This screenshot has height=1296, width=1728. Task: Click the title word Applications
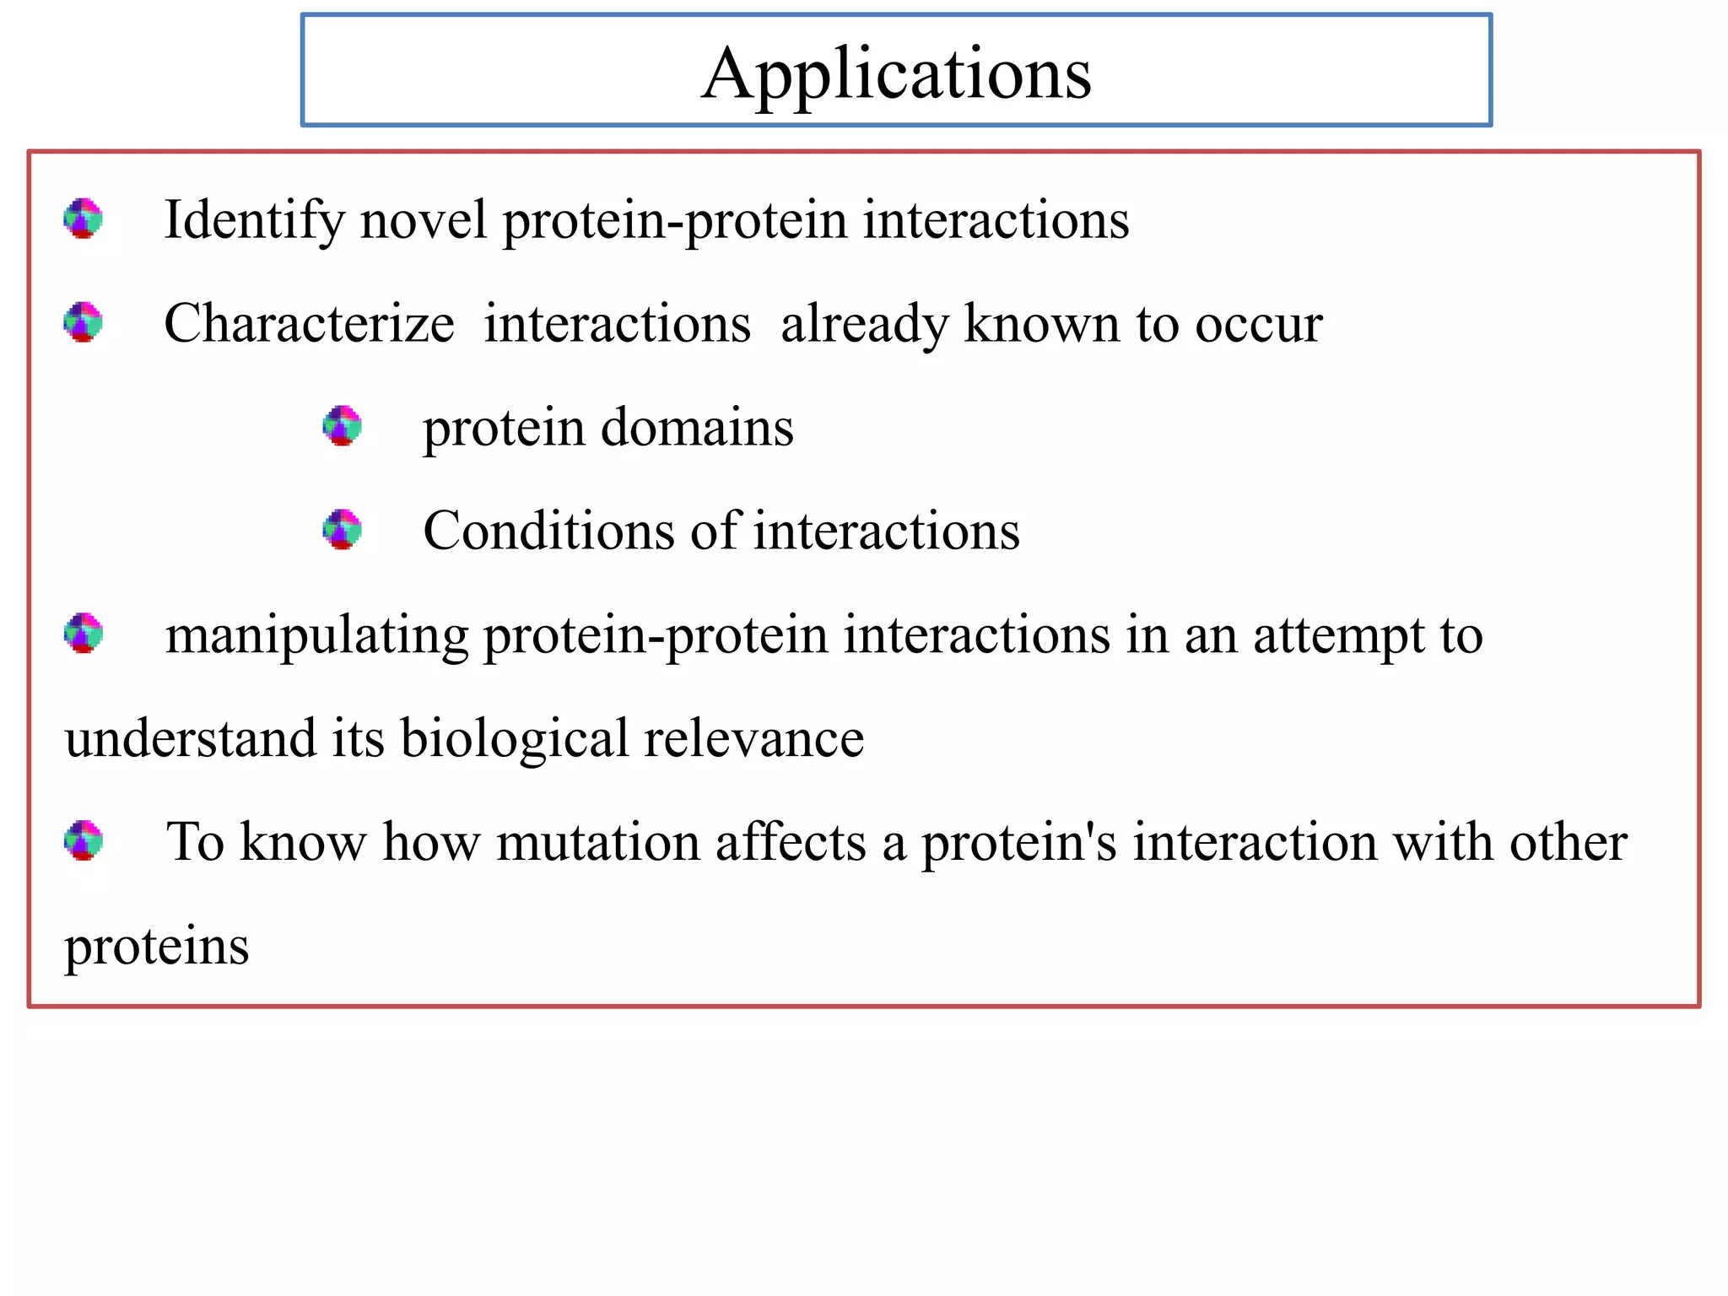(x=896, y=74)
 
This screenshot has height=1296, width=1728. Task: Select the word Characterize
(x=309, y=324)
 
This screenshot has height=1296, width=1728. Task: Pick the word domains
(x=697, y=428)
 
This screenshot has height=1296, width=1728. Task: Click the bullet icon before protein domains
(x=343, y=426)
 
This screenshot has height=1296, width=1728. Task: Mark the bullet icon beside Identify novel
(x=84, y=219)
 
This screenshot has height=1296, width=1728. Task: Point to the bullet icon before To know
(x=84, y=840)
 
